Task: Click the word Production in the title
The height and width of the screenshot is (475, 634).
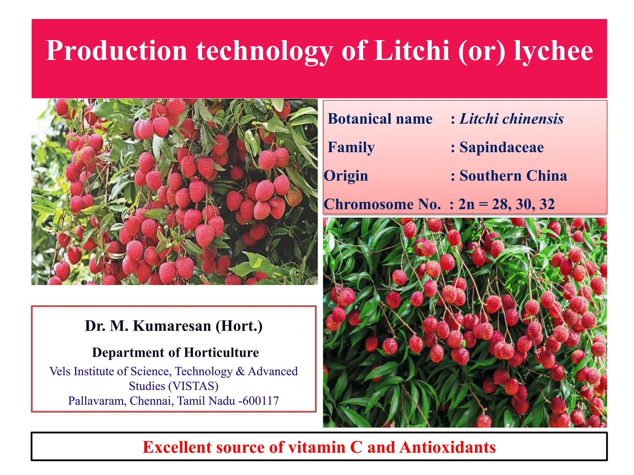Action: tap(116, 51)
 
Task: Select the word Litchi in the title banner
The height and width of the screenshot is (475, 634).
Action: tap(412, 51)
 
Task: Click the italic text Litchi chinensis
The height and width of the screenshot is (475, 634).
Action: tap(511, 119)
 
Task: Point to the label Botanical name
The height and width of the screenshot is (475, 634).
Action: tap(380, 119)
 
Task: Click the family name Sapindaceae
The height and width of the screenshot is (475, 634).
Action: tap(502, 148)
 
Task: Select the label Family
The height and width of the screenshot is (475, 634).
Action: tap(351, 148)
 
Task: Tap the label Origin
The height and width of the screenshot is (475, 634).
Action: tap(346, 176)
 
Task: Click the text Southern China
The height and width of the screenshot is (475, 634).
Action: tap(513, 176)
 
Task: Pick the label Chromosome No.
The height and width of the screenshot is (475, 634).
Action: tap(382, 204)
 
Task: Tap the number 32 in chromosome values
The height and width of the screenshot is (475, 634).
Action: tap(547, 204)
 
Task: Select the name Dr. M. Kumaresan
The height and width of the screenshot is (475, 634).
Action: tap(148, 326)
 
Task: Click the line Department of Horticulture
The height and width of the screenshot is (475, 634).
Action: tap(175, 353)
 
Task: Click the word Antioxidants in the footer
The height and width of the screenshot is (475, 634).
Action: tap(448, 447)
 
